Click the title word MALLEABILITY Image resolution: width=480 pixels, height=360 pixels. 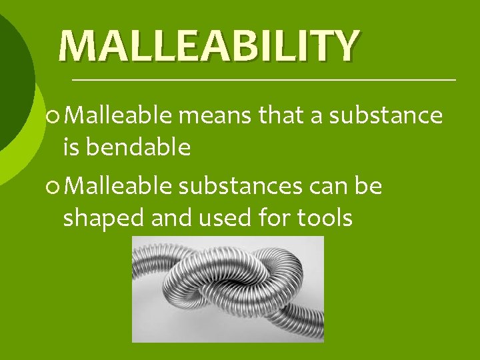[209, 45]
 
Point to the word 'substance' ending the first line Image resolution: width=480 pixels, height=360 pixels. [386, 116]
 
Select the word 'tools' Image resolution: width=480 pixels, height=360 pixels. [321, 217]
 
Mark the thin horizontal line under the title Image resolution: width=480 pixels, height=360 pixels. [263, 79]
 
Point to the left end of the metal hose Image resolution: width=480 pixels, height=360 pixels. [141, 267]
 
